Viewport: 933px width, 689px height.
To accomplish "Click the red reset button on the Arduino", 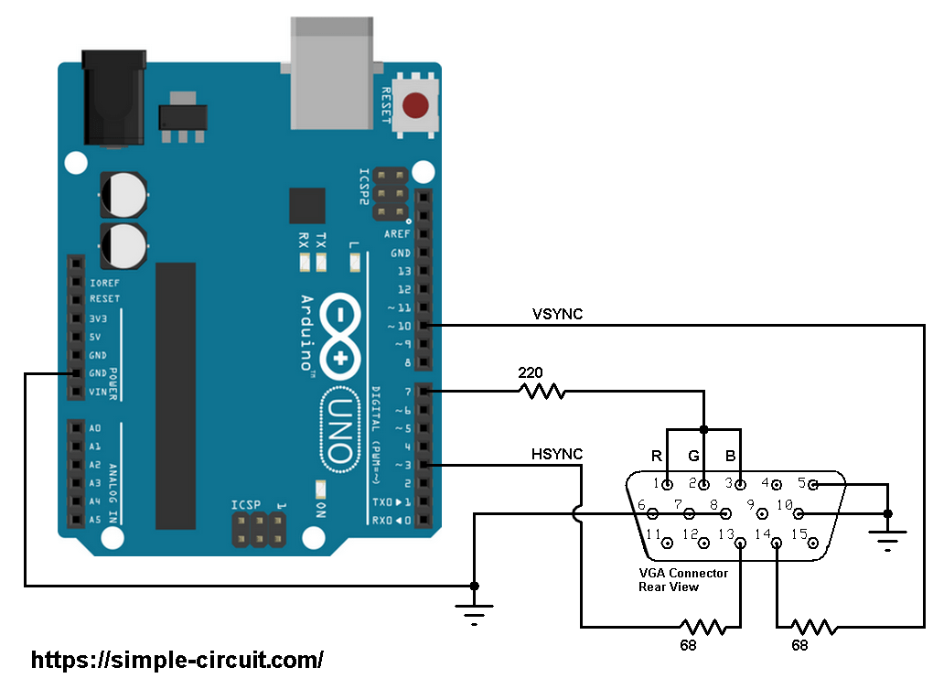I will (416, 105).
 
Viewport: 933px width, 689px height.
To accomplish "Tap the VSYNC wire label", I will (557, 315).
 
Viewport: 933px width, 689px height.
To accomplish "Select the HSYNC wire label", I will (556, 454).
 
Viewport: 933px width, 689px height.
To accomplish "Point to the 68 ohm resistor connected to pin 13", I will (702, 627).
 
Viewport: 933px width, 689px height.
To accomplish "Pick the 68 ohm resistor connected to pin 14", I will (813, 627).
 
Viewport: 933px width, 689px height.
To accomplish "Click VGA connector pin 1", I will (669, 484).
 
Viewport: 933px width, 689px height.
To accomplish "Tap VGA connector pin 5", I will (813, 484).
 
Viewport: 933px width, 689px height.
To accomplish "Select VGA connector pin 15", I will (811, 543).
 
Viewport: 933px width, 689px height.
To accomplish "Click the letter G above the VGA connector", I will (693, 456).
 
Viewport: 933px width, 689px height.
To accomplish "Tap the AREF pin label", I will (398, 234).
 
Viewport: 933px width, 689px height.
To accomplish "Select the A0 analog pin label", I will (96, 427).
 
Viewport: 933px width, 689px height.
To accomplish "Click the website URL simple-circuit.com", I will (177, 660).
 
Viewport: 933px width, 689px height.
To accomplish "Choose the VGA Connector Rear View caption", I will (682, 579).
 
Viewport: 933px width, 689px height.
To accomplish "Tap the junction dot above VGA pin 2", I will (703, 429).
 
